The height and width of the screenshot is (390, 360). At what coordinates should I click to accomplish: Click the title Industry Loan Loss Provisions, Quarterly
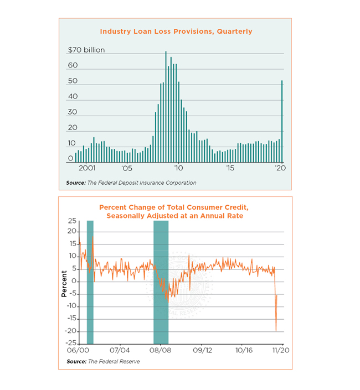click(175, 32)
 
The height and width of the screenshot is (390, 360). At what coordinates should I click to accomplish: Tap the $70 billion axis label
click(86, 50)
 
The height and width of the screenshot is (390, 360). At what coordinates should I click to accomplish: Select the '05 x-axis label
click(126, 167)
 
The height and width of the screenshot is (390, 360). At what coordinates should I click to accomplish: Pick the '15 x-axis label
click(230, 167)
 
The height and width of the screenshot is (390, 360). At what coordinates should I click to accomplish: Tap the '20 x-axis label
click(280, 167)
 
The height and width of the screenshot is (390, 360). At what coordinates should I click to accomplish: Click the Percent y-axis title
click(64, 282)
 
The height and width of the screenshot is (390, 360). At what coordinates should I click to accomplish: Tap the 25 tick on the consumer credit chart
click(71, 221)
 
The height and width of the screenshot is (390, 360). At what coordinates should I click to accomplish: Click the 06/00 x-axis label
click(78, 350)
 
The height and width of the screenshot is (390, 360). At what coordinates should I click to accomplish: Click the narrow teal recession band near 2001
click(90, 282)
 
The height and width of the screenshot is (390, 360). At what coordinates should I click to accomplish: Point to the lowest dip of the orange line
click(276, 331)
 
